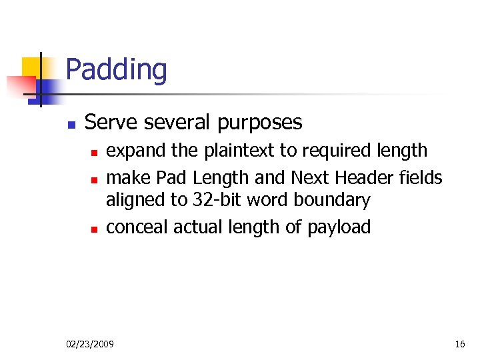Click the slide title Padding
coord(117,70)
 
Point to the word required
coord(331,151)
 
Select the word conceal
coord(137,227)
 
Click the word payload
coord(339,228)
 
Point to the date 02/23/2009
coord(90,344)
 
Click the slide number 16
coord(459,344)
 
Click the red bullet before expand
coord(94,153)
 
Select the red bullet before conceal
coord(94,229)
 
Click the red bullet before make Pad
coord(94,179)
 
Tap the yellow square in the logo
coord(31,67)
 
